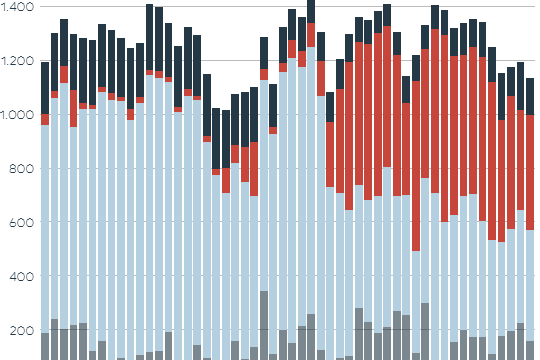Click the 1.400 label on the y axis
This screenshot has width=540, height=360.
pyautogui.click(x=18, y=7)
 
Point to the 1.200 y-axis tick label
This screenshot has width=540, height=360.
pyautogui.click(x=18, y=61)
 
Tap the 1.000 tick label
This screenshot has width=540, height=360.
pyautogui.click(x=18, y=115)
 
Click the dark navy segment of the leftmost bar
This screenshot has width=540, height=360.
pyautogui.click(x=45, y=88)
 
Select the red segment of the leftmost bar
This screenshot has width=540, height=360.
pyautogui.click(x=45, y=119)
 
